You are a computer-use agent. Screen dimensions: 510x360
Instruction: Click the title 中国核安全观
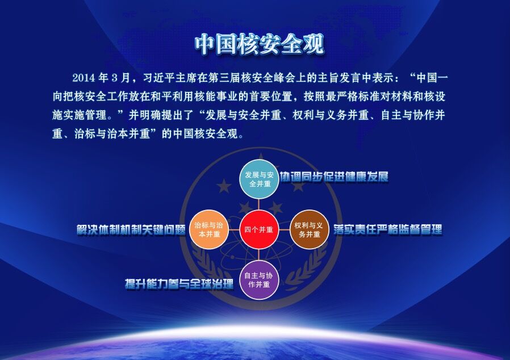click(x=260, y=44)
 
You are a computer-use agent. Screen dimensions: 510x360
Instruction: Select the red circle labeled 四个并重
click(x=259, y=229)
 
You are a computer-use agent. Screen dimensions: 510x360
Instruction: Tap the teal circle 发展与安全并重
click(x=259, y=179)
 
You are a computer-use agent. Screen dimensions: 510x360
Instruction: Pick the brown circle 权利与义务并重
click(x=309, y=229)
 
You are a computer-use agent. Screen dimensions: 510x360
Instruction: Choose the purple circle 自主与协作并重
click(x=259, y=280)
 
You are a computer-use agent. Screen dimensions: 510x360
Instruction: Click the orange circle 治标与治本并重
click(x=209, y=229)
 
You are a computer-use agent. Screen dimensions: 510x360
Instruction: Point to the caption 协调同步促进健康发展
click(x=335, y=177)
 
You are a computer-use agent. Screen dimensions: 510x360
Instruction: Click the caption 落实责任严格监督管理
click(x=388, y=229)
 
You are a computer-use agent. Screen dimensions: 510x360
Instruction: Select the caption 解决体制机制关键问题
click(x=131, y=229)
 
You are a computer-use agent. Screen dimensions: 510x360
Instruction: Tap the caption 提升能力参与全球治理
click(x=179, y=284)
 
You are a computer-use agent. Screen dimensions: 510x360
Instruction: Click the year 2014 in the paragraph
click(x=83, y=78)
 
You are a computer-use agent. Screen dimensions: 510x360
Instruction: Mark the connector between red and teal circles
click(x=259, y=204)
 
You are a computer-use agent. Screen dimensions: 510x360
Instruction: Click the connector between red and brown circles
click(x=284, y=229)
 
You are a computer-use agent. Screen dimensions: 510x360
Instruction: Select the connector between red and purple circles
click(x=259, y=255)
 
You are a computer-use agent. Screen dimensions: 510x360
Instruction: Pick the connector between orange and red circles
click(x=234, y=229)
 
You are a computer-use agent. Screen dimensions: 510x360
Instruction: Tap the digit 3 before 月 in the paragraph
click(x=114, y=78)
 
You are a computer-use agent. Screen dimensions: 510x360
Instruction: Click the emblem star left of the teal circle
click(x=224, y=186)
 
